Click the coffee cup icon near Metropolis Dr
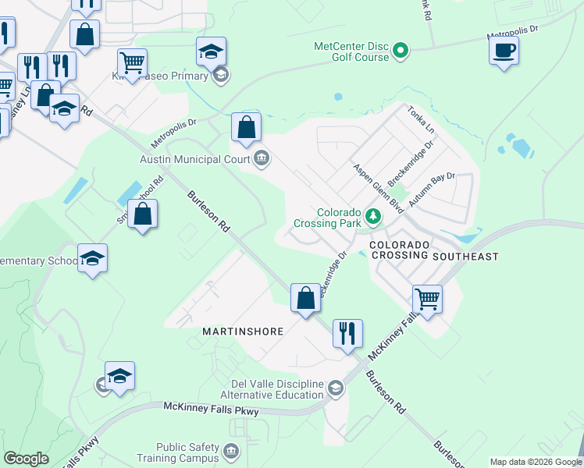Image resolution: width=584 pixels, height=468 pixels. [504, 51]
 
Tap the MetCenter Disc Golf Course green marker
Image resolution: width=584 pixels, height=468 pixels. [401, 51]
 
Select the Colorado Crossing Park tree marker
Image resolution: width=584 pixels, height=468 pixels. [374, 216]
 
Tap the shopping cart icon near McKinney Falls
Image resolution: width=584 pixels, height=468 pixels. [427, 299]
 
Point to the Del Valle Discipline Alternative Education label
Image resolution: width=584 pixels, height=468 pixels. [278, 389]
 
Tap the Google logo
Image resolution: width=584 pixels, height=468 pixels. [27, 459]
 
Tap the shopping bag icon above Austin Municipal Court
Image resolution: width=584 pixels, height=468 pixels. [246, 127]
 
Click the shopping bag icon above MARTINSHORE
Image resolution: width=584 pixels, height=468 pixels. [305, 297]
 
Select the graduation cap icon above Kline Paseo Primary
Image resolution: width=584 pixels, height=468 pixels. [211, 51]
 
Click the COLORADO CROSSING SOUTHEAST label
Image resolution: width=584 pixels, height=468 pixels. [433, 250]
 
